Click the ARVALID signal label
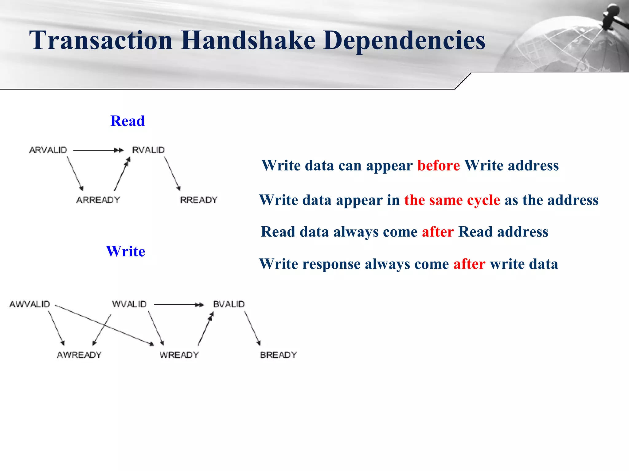48,150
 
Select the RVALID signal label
148,150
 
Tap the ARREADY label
98,200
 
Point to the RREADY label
198,200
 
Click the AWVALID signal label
30,304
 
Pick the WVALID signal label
129,304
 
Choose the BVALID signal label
229,304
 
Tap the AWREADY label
79,355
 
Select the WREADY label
179,355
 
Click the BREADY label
278,355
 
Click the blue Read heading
127,121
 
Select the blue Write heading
125,251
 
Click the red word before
439,166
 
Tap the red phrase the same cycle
452,200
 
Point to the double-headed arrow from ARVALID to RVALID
98,150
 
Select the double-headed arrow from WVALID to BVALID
179,304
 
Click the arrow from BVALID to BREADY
252,328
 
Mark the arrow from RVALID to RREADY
172,173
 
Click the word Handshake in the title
248,40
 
